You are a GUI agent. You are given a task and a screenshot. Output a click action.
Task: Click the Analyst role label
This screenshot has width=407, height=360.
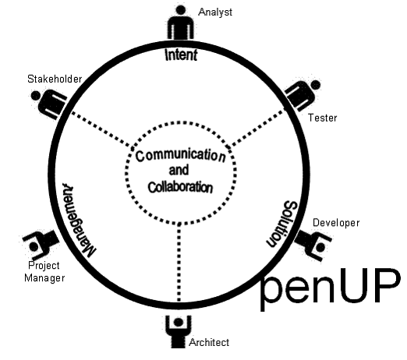tap(215, 12)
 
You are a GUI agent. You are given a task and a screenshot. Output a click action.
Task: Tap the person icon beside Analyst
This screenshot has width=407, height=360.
tap(181, 22)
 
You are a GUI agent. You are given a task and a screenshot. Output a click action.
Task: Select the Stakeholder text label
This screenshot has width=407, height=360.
tap(55, 79)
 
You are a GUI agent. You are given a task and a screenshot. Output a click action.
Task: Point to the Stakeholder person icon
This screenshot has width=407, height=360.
tap(48, 104)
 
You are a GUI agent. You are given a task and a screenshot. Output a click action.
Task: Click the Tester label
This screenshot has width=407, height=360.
tap(323, 118)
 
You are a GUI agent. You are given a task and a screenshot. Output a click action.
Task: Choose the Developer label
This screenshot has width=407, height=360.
tap(336, 223)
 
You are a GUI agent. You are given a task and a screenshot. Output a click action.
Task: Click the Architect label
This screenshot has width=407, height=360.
tap(209, 342)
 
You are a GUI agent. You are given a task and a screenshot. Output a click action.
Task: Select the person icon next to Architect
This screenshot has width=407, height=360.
tap(179, 331)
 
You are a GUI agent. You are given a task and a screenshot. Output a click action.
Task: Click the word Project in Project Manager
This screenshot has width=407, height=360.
tap(44, 266)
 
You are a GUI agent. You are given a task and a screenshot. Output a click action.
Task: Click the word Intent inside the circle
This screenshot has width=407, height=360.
tap(181, 55)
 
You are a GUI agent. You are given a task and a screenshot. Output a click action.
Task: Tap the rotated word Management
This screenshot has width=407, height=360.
tap(79, 221)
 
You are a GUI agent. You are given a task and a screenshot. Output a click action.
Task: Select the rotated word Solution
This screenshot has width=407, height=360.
tap(282, 224)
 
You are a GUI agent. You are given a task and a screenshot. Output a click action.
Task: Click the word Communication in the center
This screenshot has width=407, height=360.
tap(180, 155)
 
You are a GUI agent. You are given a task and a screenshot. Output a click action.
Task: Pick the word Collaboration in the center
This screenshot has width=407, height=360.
tap(180, 187)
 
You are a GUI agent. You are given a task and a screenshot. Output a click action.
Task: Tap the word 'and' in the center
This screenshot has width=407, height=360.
tap(179, 171)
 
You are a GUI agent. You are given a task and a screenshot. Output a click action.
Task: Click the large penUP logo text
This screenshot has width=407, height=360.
tap(330, 289)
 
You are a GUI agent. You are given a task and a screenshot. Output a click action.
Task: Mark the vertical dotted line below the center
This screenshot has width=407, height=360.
tap(179, 263)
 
